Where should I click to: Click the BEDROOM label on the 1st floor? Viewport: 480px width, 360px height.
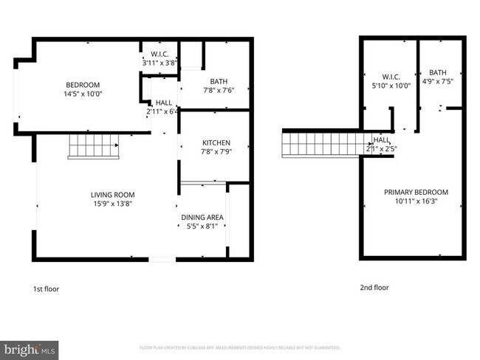[83, 85]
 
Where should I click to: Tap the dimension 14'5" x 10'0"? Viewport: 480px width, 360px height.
[83, 94]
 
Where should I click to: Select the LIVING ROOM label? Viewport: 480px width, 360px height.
[106, 194]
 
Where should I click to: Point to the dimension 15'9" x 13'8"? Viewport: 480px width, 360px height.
[106, 203]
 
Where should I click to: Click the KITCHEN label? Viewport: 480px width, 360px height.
[217, 142]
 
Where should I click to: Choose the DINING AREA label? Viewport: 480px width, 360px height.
[202, 218]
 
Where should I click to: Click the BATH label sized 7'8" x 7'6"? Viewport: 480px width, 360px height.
[218, 82]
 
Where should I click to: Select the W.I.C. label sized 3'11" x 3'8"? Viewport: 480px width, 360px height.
[160, 54]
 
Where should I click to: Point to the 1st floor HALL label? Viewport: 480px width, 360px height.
[163, 103]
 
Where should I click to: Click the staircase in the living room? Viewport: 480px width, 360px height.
[94, 146]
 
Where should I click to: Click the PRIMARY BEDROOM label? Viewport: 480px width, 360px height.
[416, 193]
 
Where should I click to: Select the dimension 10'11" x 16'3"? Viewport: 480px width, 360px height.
[416, 201]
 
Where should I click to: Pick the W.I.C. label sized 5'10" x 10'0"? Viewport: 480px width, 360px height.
[391, 76]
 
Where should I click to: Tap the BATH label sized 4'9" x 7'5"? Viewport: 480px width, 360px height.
[439, 72]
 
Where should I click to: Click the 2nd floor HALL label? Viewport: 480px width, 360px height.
[382, 139]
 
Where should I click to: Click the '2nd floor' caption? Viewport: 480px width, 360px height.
[375, 288]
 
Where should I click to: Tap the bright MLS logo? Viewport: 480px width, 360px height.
[30, 347]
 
